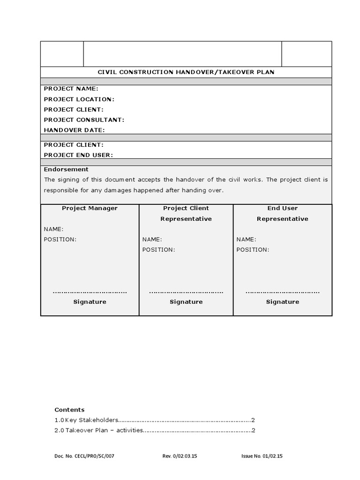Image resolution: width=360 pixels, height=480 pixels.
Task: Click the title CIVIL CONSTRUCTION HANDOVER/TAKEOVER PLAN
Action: click(186, 72)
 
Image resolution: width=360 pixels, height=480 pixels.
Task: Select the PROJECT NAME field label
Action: click(71, 89)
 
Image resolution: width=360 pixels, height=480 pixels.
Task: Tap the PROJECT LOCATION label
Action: click(79, 99)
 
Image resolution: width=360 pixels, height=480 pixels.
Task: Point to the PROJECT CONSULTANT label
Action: click(84, 120)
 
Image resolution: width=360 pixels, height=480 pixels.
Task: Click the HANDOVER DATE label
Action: click(74, 130)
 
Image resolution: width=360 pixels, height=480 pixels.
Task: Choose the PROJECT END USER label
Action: click(78, 155)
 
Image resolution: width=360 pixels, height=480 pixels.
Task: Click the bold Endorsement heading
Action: click(66, 169)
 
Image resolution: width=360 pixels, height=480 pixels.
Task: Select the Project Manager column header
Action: click(90, 208)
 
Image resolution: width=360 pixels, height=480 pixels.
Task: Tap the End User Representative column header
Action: click(282, 213)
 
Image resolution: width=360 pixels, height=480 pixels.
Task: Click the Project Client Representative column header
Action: click(186, 213)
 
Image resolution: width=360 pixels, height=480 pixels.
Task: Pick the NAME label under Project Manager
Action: click(53, 229)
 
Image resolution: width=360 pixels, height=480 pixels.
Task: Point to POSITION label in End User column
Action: click(253, 249)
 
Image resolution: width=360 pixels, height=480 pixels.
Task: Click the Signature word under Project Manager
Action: click(90, 302)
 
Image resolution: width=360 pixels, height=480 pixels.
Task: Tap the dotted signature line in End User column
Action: click(283, 292)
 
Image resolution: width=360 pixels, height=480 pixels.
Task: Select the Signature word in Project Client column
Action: click(186, 302)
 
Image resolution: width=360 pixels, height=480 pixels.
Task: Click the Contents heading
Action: click(69, 409)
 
